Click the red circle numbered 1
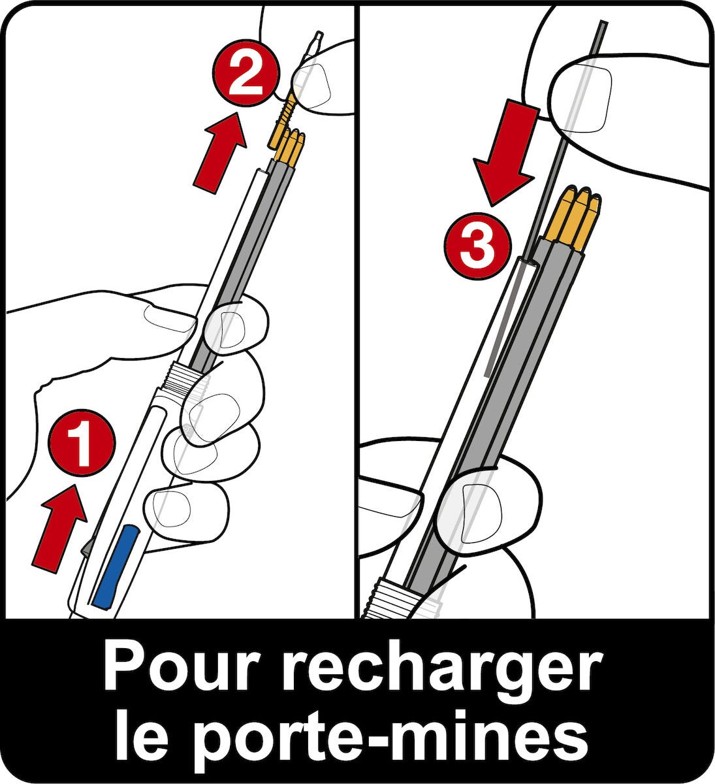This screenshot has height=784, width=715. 82,443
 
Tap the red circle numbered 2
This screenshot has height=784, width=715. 246,73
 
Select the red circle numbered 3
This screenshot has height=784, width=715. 477,246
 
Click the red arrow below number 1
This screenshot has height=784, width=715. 60,529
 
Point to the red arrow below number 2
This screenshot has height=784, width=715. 221,152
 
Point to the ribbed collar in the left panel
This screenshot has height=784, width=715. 184,377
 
